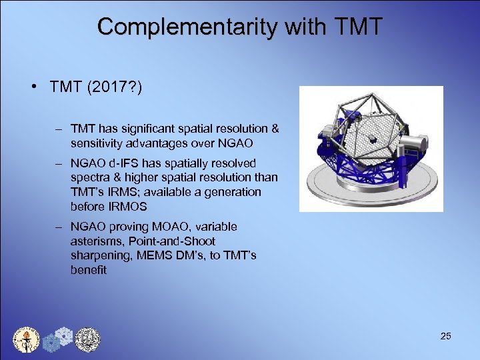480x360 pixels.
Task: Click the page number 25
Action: tap(445, 336)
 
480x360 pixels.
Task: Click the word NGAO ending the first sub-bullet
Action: tap(241, 143)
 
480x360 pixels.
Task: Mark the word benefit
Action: tap(88, 270)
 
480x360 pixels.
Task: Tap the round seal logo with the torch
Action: tap(27, 340)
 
